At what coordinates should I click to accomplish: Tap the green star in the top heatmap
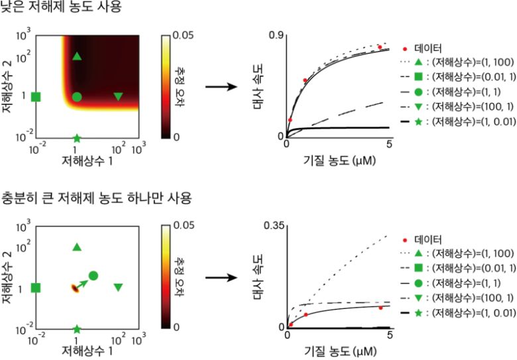pyautogui.click(x=77, y=139)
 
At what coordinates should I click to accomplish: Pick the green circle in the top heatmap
pyautogui.click(x=77, y=97)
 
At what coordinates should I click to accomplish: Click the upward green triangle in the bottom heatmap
pyautogui.click(x=77, y=247)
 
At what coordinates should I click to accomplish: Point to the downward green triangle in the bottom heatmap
pyautogui.click(x=118, y=288)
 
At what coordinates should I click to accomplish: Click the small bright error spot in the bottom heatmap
pyautogui.click(x=73, y=288)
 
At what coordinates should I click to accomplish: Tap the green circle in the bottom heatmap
pyautogui.click(x=93, y=275)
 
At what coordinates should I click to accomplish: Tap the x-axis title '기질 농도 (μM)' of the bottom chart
pyautogui.click(x=338, y=350)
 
